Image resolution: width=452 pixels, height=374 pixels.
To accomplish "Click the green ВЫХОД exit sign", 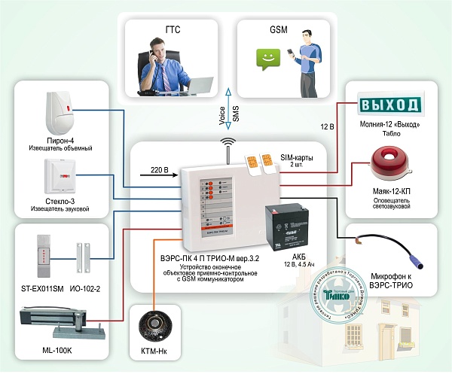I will [390, 103].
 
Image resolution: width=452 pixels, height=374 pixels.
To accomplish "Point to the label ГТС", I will [173, 30].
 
